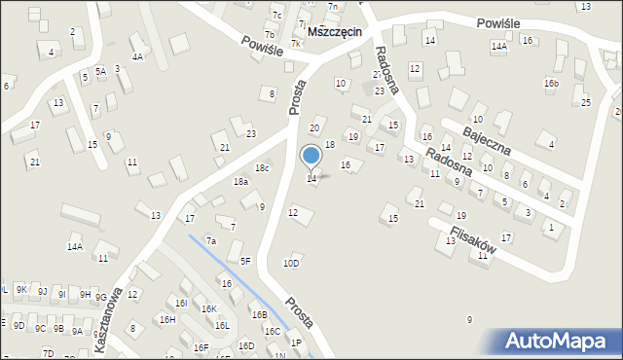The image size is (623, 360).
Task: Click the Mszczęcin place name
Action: (334, 31)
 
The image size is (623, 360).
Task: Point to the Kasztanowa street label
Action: (109, 311)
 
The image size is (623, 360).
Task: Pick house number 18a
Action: (240, 182)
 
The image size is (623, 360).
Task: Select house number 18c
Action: (262, 168)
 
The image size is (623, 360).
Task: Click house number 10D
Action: (291, 263)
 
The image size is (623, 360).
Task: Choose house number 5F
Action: (245, 260)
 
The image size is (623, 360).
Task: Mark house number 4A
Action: (138, 57)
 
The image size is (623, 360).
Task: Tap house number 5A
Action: (100, 71)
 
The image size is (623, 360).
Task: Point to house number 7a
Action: (209, 240)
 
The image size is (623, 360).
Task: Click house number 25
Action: (586, 102)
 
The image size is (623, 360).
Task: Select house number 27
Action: (378, 74)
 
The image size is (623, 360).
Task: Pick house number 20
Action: (314, 128)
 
